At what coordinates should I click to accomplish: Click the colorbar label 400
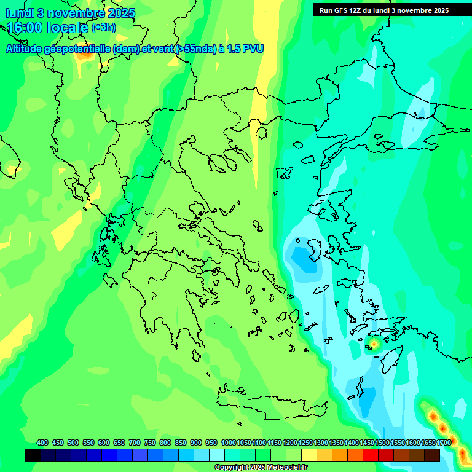point(42,442)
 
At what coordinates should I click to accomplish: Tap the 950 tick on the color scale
point(211,442)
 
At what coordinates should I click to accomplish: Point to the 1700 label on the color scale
point(444,442)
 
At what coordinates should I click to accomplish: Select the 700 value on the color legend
point(135,442)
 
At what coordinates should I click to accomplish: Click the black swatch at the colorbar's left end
point(33,455)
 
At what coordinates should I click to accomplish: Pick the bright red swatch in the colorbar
point(371,455)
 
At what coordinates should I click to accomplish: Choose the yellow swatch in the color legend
point(309,455)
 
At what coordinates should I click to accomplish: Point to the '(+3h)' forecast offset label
point(103,27)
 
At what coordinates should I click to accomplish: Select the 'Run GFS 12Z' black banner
point(383,10)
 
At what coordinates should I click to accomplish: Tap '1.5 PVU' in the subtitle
point(245,49)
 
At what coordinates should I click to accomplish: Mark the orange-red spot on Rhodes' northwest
point(373,344)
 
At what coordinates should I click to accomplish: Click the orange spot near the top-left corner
point(84,53)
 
